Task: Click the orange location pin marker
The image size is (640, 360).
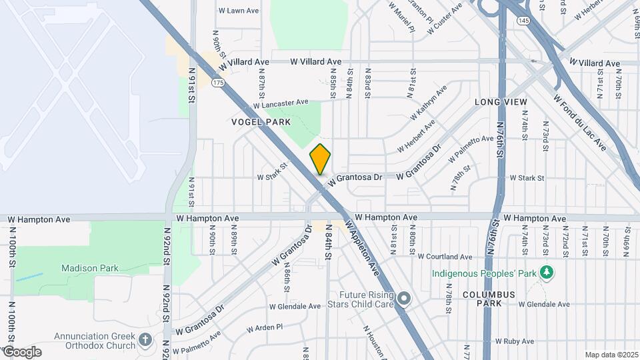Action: [x=321, y=160]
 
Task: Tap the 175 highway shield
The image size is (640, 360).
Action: [x=217, y=83]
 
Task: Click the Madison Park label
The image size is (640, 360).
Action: [x=89, y=269]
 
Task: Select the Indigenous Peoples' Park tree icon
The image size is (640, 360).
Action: [x=547, y=273]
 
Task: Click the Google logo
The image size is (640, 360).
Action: [x=22, y=352]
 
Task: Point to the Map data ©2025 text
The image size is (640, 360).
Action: [x=611, y=355]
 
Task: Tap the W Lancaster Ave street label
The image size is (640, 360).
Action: [x=281, y=105]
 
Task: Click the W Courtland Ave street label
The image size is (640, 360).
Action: [x=445, y=257]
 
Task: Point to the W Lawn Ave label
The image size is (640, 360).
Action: [x=239, y=11]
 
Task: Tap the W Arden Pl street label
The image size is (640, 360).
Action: [x=265, y=328]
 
